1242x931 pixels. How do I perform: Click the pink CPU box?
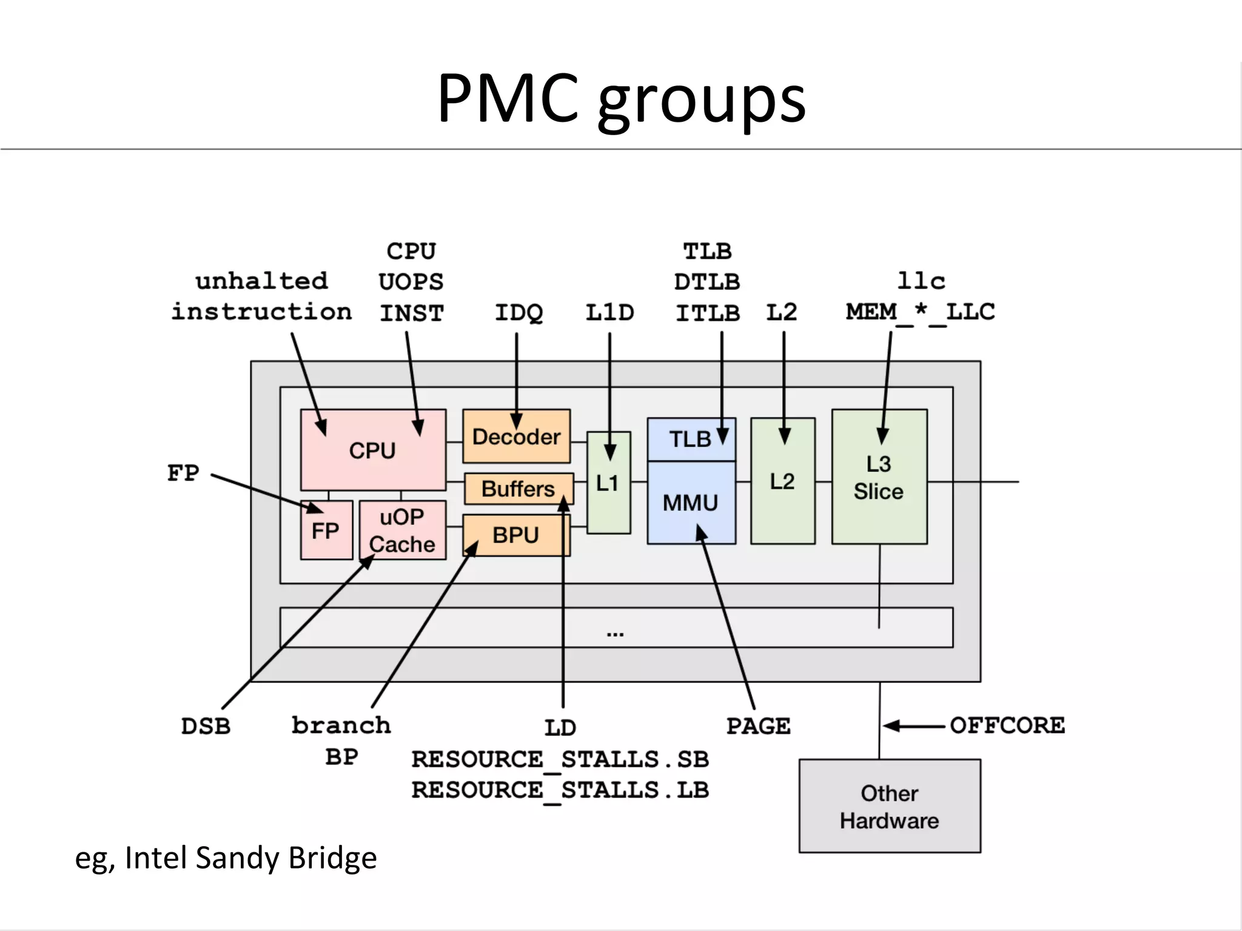click(372, 450)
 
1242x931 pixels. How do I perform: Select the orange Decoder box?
click(516, 436)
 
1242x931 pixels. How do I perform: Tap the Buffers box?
click(518, 489)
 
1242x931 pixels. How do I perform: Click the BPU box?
click(515, 535)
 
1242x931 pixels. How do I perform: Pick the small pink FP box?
click(326, 530)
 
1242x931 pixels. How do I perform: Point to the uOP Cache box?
click(402, 530)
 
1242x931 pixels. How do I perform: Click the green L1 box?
click(608, 483)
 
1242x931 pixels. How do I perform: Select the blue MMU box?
click(691, 502)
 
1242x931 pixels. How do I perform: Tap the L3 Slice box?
click(879, 477)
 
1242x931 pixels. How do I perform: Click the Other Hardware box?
click(889, 806)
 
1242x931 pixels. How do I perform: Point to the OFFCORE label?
click(1007, 725)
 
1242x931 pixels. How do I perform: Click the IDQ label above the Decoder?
click(519, 313)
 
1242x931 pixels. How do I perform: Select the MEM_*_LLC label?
click(920, 312)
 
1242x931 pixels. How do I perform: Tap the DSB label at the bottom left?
click(206, 726)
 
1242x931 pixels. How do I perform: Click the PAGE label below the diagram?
click(758, 726)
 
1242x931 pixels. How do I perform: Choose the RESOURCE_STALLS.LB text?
click(560, 790)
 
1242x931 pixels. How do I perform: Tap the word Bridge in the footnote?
click(332, 858)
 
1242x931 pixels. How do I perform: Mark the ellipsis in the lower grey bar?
click(615, 634)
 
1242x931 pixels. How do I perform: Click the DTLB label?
click(707, 282)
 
